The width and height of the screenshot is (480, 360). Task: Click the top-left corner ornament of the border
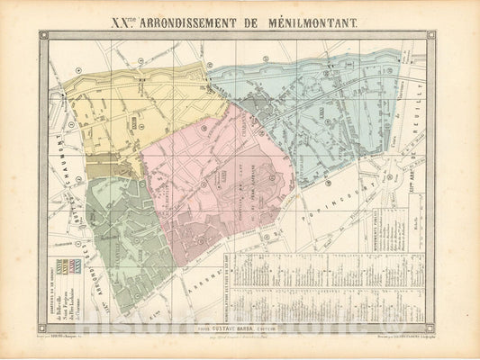click(42, 35)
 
